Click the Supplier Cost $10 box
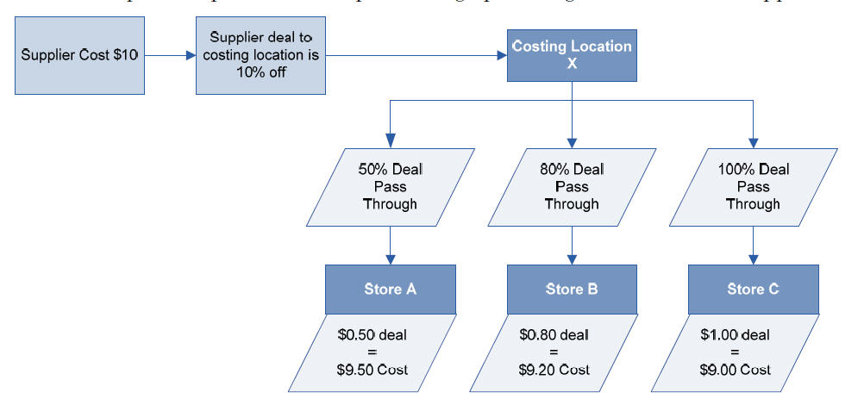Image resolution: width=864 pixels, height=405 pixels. tap(78, 56)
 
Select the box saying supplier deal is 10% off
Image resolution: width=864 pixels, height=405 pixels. tap(260, 56)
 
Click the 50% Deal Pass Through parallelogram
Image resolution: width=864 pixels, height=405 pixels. tap(390, 187)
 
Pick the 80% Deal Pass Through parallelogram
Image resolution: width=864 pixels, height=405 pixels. tap(571, 187)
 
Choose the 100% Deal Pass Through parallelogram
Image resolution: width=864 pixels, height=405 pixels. tap(753, 187)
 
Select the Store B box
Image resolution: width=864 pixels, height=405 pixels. tap(571, 290)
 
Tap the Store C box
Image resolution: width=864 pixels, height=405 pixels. tap(752, 290)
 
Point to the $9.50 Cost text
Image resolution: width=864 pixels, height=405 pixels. tap(373, 371)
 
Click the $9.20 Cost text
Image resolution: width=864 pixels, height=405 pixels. tap(554, 371)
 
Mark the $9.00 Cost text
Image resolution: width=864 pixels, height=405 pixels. tap(736, 371)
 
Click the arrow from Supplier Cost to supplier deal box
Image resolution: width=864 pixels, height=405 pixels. tap(169, 56)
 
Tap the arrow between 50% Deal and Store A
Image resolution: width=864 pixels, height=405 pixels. tap(391, 245)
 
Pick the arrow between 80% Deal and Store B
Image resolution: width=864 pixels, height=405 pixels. tap(572, 245)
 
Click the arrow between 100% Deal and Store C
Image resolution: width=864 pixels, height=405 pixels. tap(754, 245)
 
